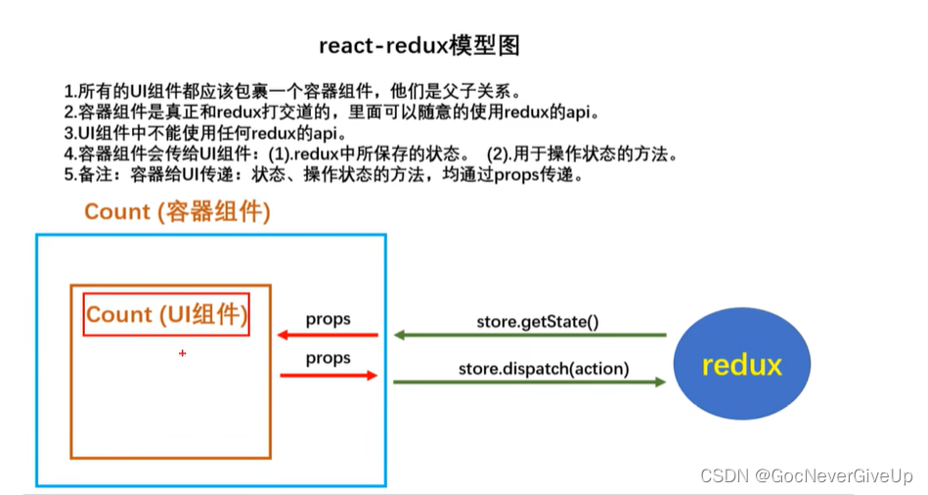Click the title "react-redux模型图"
coord(420,46)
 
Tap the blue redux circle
coord(741,364)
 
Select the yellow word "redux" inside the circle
coord(741,365)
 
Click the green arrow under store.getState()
coord(529,336)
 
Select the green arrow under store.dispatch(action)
coord(529,382)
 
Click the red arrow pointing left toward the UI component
coord(328,336)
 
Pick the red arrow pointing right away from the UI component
coord(328,375)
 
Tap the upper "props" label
coord(328,319)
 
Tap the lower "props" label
coord(328,358)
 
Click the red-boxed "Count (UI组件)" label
coord(166,314)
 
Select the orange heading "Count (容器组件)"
coord(177,211)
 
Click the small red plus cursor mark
coord(182,353)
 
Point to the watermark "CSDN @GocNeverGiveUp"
coord(807,475)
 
